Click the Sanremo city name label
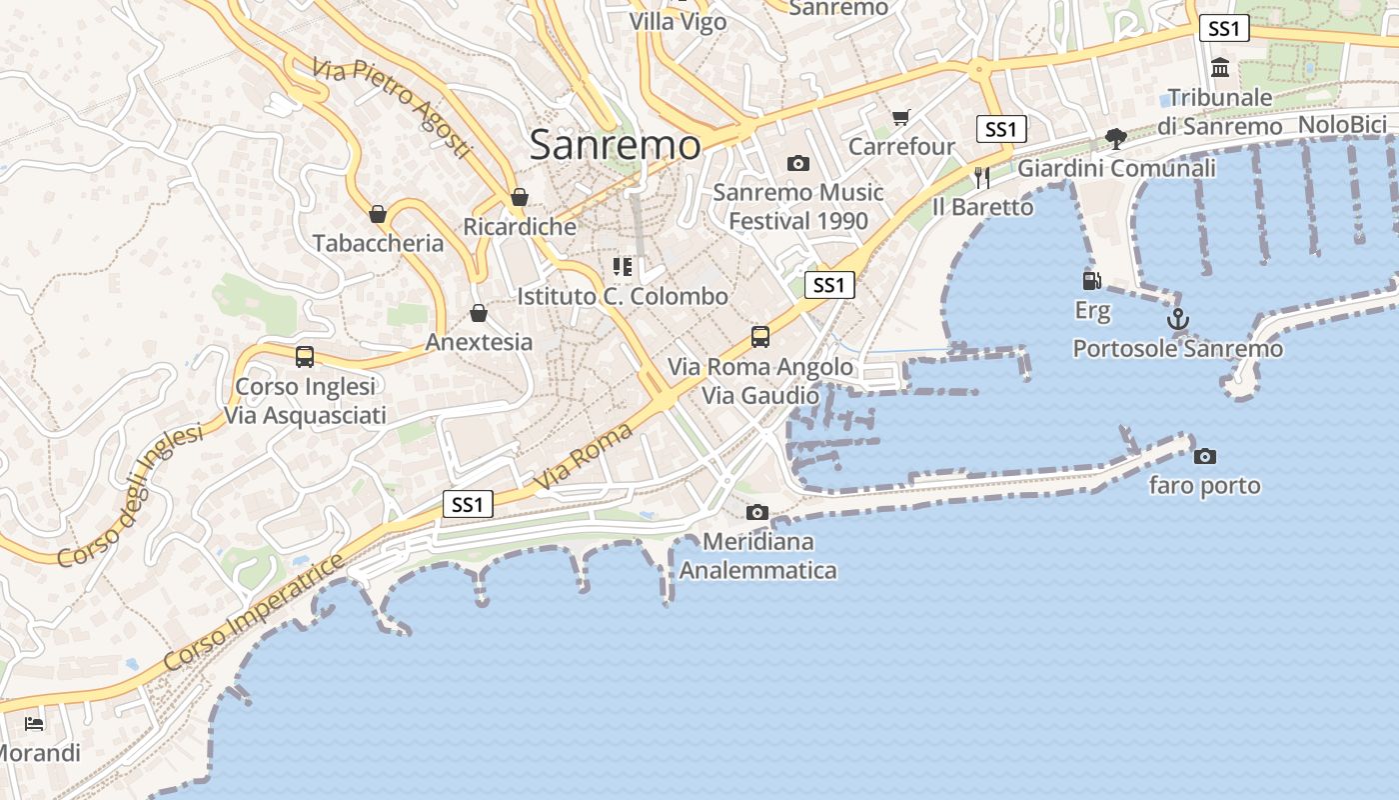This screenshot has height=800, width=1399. tap(615, 145)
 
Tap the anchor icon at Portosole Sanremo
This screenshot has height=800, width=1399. tap(1178, 320)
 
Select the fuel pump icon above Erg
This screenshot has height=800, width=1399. tap(1091, 281)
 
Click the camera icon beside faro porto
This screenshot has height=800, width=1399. tap(1205, 456)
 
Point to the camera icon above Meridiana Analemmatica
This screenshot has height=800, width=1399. tap(757, 513)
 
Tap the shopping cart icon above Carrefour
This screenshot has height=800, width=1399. tap(900, 118)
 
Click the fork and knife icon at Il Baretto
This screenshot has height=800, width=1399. tap(982, 177)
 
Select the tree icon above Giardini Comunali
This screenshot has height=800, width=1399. tap(1116, 139)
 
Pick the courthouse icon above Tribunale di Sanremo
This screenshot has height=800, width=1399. tap(1220, 68)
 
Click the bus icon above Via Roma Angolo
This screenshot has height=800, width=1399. tap(760, 336)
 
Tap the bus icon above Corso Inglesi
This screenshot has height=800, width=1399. tap(305, 356)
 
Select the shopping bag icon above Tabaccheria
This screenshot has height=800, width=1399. tap(378, 213)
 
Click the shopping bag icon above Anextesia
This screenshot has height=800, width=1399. tap(479, 313)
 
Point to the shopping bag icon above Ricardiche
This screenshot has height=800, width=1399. tap(519, 197)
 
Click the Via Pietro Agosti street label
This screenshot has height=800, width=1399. tap(391, 107)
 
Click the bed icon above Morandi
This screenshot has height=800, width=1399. tap(34, 723)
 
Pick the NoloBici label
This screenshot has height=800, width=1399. tap(1342, 125)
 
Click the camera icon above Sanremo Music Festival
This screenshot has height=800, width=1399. tap(797, 163)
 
